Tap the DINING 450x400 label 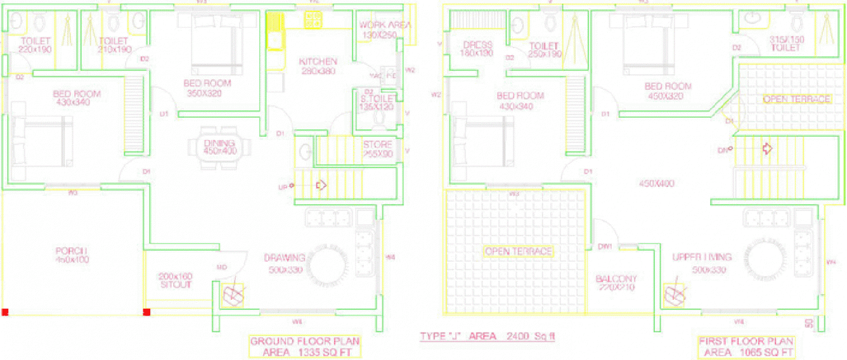click(x=220, y=147)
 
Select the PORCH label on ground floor click(x=70, y=255)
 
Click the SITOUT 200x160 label click(x=175, y=281)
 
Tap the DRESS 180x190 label click(x=477, y=49)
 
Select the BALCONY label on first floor click(x=616, y=283)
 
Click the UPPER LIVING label click(x=702, y=261)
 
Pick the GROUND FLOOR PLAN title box click(x=305, y=346)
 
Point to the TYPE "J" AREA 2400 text click(x=487, y=337)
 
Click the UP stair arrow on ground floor click(x=320, y=185)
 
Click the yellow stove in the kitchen click(x=313, y=21)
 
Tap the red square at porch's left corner click(x=5, y=312)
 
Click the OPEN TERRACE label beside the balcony click(x=518, y=251)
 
